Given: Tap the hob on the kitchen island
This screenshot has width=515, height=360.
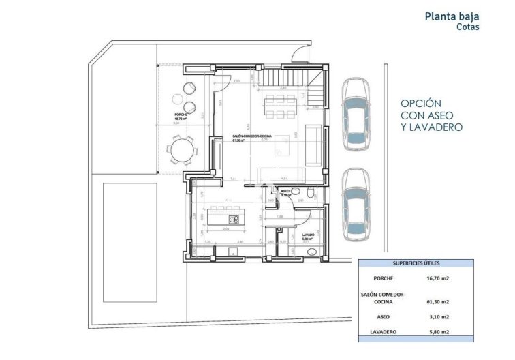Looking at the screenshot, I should point(234,219).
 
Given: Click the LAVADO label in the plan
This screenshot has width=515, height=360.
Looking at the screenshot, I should point(308,235).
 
